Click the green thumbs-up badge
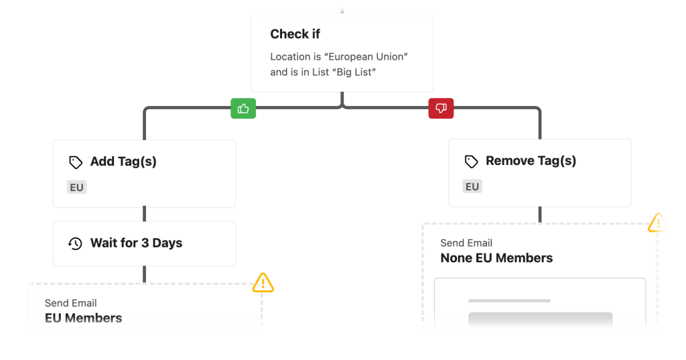243,109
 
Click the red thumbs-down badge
441,109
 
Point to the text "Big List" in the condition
352,72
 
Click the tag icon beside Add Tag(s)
76,162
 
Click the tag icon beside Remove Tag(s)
471,162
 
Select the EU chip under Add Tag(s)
77,187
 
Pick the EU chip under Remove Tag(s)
472,186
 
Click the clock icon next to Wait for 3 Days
76,243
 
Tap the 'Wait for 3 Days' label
136,243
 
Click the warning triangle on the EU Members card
263,282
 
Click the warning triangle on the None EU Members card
658,222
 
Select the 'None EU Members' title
496,258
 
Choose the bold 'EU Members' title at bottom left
83,318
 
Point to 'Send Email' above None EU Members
466,243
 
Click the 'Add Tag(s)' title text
123,162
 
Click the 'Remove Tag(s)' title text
531,161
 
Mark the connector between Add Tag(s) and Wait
144,215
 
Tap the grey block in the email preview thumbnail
540,320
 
